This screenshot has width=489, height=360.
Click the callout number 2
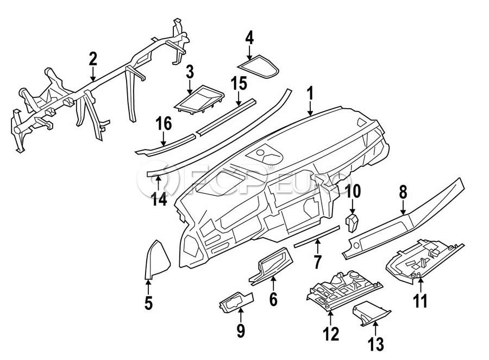point(93,59)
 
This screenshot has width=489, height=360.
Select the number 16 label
point(164,123)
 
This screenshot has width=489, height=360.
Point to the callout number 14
point(159,198)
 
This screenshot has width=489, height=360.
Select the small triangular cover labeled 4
point(258,67)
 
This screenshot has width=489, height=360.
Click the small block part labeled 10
point(352,222)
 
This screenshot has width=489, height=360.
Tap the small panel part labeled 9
point(236,301)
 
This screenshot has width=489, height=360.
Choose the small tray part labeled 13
point(371,316)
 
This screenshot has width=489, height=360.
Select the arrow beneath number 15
point(239,98)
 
